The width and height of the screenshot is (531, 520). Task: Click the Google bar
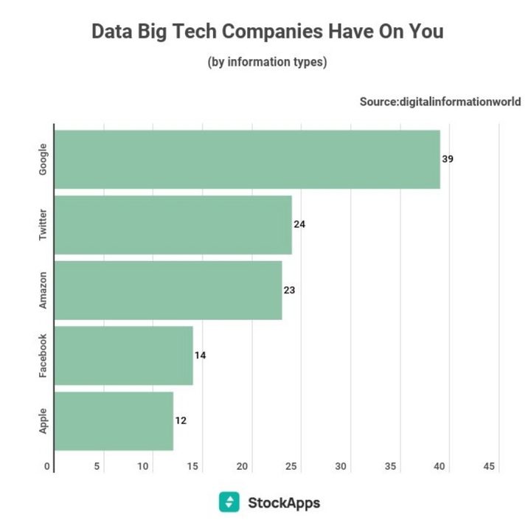(x=247, y=159)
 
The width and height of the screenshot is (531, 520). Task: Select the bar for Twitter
(x=173, y=224)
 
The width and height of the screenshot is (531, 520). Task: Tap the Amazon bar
(x=168, y=290)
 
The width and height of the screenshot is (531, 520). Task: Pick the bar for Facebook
(x=124, y=356)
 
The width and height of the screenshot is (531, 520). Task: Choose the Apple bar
(x=114, y=420)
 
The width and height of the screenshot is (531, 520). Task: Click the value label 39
(x=448, y=159)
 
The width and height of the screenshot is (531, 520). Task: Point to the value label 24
(x=299, y=224)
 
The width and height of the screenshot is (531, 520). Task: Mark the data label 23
(x=289, y=290)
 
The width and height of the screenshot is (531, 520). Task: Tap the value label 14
(x=200, y=356)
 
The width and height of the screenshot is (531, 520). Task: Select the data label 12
(x=181, y=420)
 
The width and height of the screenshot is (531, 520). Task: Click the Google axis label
(x=43, y=159)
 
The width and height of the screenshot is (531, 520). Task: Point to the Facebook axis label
(x=43, y=356)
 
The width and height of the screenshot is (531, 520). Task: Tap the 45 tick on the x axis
(x=489, y=466)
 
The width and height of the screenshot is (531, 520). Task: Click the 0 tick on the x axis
(x=47, y=466)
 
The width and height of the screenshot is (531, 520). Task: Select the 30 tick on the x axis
(x=341, y=466)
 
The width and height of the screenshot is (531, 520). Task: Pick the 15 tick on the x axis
(x=193, y=466)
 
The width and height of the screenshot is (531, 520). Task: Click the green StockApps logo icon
(x=229, y=502)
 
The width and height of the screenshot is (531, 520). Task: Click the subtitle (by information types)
(x=267, y=62)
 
